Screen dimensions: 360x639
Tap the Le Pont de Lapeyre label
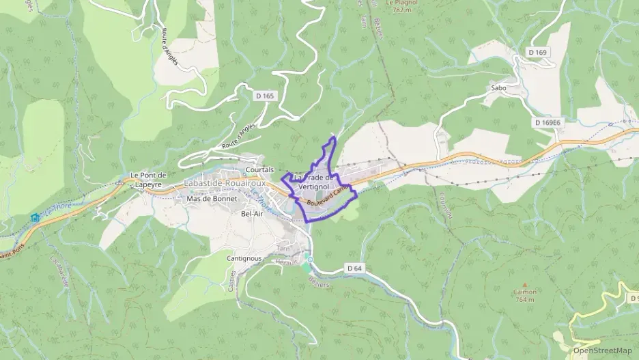[149, 179]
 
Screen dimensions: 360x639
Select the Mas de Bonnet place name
[212, 199]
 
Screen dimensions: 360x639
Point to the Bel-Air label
[252, 214]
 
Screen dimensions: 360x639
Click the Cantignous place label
[244, 259]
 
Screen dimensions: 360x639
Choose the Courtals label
[259, 169]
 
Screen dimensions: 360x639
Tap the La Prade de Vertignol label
[313, 182]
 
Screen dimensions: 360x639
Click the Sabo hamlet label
[498, 88]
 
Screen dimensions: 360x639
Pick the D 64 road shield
[354, 268]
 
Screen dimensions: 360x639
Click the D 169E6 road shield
[548, 122]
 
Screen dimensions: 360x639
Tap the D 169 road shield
[538, 52]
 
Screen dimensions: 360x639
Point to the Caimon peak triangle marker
[524, 285]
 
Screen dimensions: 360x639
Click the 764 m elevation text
[524, 299]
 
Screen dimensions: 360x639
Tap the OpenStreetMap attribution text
[602, 350]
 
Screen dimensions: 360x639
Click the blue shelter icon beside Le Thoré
[35, 217]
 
